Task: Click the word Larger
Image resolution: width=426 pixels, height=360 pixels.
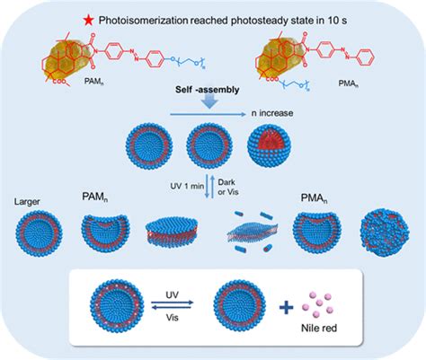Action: pos(31,214)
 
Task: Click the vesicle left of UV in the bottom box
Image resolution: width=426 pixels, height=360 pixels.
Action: pos(104,308)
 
